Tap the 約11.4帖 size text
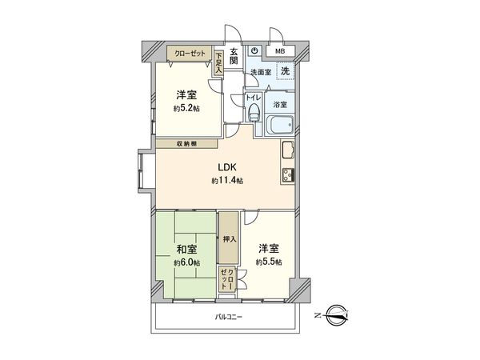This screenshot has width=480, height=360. pos(228,182)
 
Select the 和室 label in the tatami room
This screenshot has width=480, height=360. pos(186,249)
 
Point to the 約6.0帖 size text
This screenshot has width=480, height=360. pos(186,262)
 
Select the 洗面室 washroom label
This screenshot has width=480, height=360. pos(260,72)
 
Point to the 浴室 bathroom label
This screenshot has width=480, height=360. pos(281,104)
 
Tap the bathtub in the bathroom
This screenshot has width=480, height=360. pos(280,126)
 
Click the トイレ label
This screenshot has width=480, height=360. pos(253,100)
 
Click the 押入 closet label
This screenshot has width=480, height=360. pos(228,239)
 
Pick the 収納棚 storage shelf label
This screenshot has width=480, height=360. pos(189,144)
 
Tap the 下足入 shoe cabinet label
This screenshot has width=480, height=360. pos(218,63)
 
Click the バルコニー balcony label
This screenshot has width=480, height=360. pos(228,317)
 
